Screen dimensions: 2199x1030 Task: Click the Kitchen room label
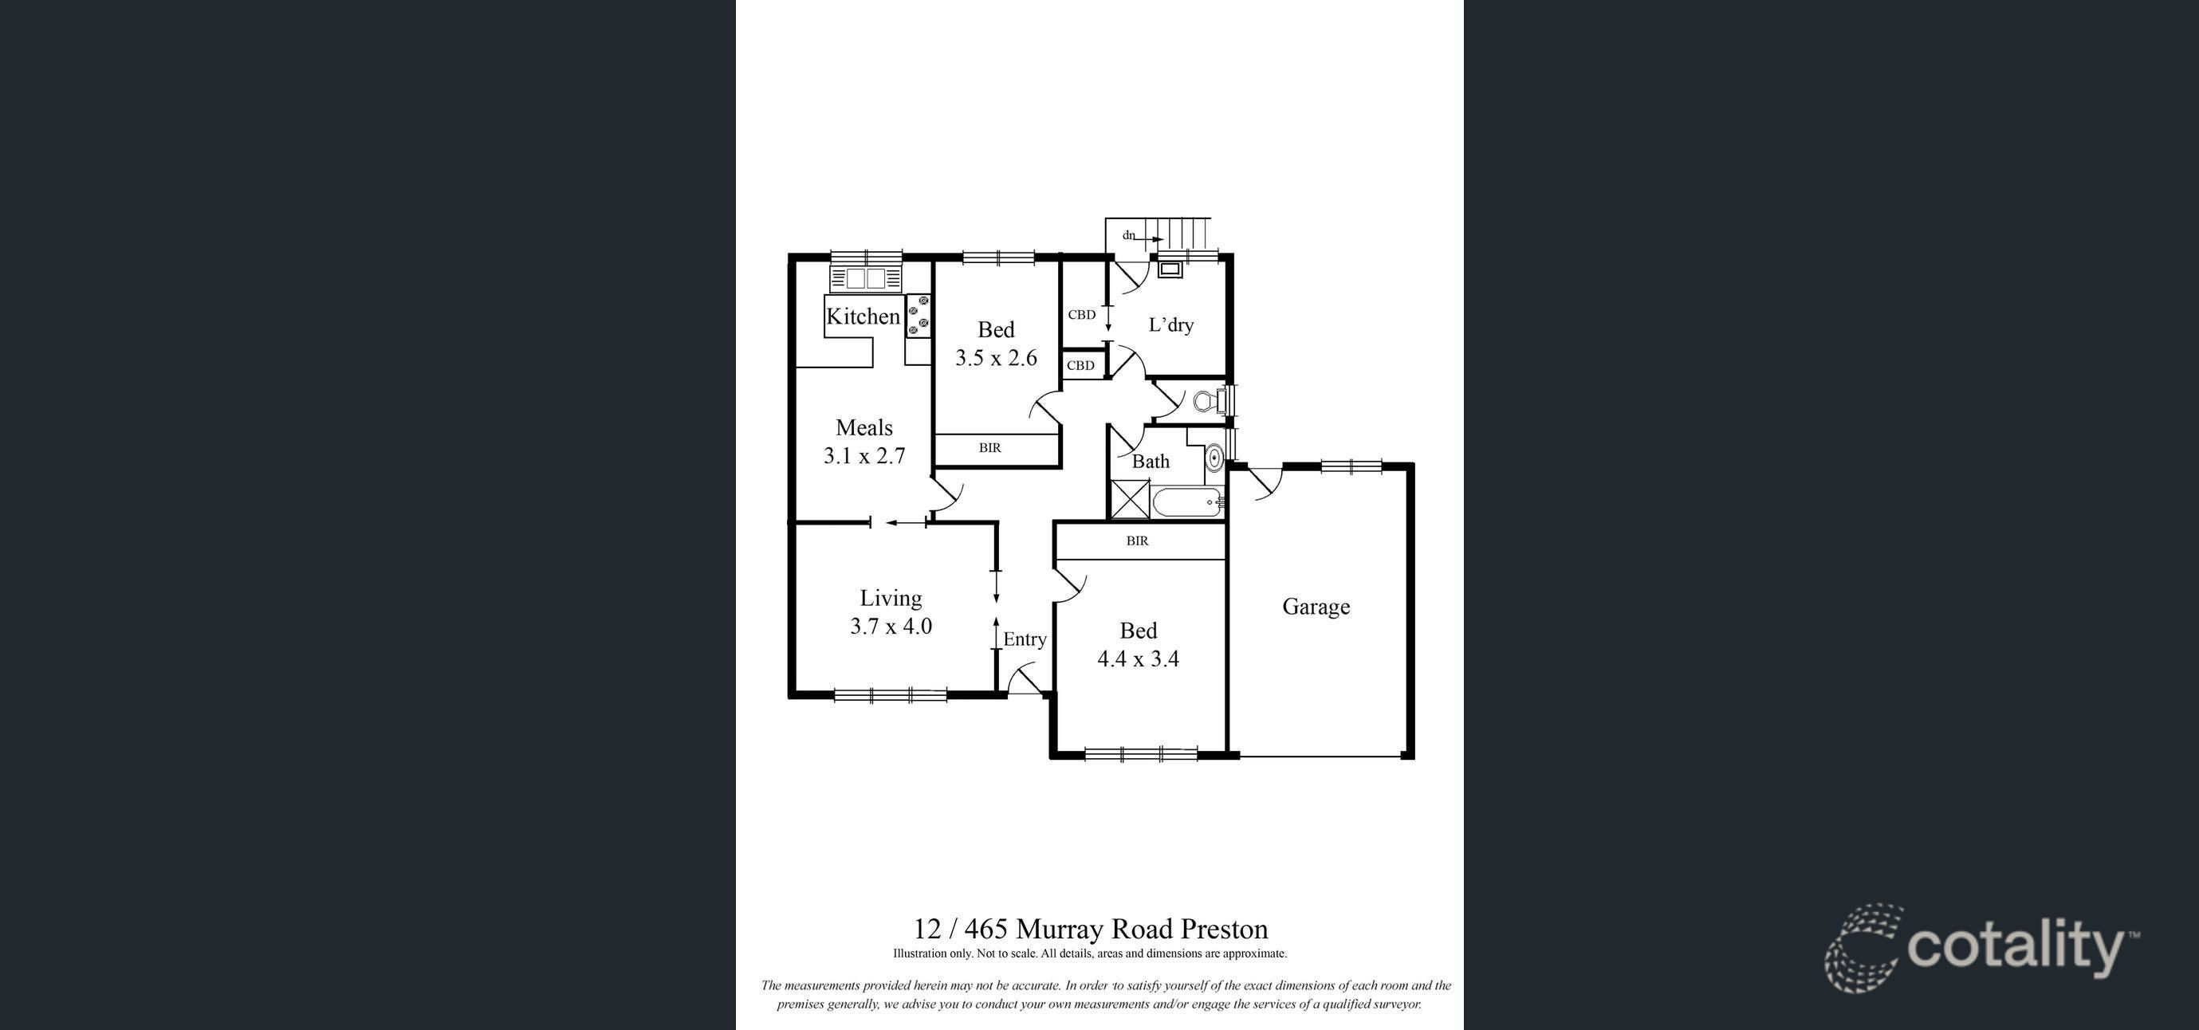coord(863,316)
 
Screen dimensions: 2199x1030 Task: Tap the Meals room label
coord(864,427)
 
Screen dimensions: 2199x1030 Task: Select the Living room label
coord(891,599)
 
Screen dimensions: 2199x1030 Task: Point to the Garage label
coord(1316,607)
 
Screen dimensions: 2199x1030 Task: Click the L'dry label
coord(1170,324)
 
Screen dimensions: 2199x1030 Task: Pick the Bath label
coord(1151,462)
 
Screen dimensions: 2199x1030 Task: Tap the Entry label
coord(1025,639)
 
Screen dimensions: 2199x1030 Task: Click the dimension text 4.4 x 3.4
coord(1138,658)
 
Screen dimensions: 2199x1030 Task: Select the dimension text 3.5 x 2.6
coord(996,358)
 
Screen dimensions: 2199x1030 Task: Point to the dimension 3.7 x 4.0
coord(891,627)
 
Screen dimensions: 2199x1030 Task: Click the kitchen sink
coord(866,278)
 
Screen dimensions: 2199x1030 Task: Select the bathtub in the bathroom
coord(1186,502)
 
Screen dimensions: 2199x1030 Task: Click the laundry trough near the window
coord(1170,269)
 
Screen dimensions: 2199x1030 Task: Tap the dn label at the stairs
coord(1128,234)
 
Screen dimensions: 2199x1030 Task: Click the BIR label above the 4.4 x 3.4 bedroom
coord(1137,541)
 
